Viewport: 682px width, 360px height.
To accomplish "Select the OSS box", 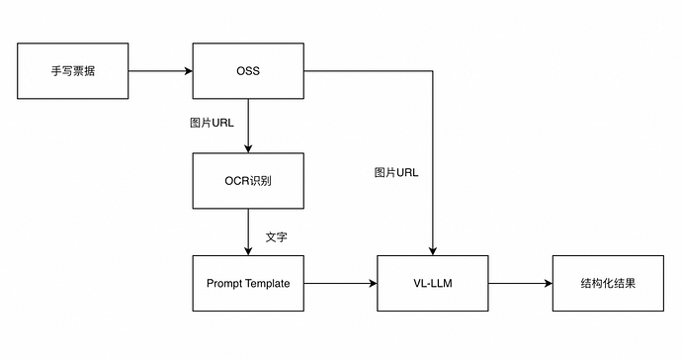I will pos(248,71).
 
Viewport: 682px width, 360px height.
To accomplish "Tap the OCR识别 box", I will pos(248,181).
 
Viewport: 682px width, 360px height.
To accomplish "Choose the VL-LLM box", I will pos(433,283).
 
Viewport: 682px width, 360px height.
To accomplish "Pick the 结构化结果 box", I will pos(608,283).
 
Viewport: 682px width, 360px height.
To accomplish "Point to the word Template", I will pos(267,283).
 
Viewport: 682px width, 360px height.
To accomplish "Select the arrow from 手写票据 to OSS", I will pos(158,71).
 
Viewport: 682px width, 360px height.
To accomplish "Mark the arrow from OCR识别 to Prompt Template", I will pos(248,231).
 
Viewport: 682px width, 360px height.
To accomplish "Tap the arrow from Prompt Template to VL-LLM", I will pos(341,283).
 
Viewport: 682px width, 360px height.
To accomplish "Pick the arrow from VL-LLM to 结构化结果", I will pos(519,283).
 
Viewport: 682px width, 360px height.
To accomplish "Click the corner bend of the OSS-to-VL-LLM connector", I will pos(433,71).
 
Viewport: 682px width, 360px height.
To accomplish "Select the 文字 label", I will pos(277,238).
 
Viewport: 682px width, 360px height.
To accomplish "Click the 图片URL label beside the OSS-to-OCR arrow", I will pos(211,125).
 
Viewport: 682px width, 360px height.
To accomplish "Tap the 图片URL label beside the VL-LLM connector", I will pos(395,172).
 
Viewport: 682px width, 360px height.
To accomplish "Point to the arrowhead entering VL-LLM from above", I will pos(433,249).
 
